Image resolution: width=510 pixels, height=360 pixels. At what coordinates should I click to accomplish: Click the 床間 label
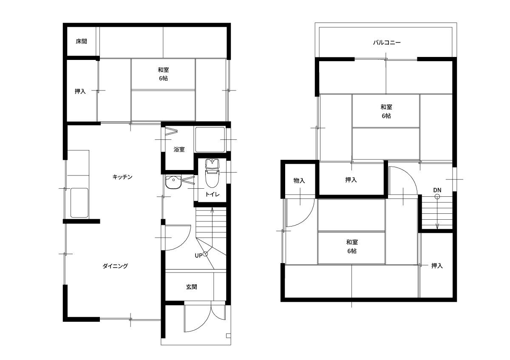point(81,42)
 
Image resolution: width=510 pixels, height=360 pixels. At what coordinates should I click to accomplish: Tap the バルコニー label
point(387,43)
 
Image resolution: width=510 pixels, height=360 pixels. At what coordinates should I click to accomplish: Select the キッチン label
point(122,177)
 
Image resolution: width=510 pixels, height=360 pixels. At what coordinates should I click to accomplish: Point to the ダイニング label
point(115,266)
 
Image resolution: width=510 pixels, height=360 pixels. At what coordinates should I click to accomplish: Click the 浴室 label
point(179,149)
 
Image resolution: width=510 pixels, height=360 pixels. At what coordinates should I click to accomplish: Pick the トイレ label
point(212,194)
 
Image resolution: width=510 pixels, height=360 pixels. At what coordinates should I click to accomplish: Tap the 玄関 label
point(192,287)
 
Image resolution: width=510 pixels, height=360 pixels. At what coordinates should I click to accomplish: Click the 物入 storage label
point(299,181)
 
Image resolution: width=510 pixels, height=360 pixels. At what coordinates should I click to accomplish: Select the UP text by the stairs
point(198,256)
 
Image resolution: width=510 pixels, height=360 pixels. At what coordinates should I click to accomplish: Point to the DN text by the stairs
point(437,190)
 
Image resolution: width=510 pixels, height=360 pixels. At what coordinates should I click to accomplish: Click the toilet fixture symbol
point(212,173)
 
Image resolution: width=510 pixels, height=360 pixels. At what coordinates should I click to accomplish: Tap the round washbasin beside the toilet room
point(173,182)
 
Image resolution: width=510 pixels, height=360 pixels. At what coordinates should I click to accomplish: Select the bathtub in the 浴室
point(210,139)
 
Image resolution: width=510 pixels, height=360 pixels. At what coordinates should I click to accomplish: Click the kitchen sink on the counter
point(79,203)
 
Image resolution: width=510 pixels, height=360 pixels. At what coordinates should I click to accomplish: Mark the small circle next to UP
point(205,254)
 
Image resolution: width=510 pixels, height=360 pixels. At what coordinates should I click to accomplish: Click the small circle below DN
point(437,197)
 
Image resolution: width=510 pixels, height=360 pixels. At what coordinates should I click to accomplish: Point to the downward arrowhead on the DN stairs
point(437,227)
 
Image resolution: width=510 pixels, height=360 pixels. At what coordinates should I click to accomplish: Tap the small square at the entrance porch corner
point(228,336)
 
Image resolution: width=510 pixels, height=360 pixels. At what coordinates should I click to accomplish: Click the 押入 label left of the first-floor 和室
point(80,91)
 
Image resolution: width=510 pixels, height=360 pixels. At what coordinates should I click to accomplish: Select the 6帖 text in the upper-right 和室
point(386,116)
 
